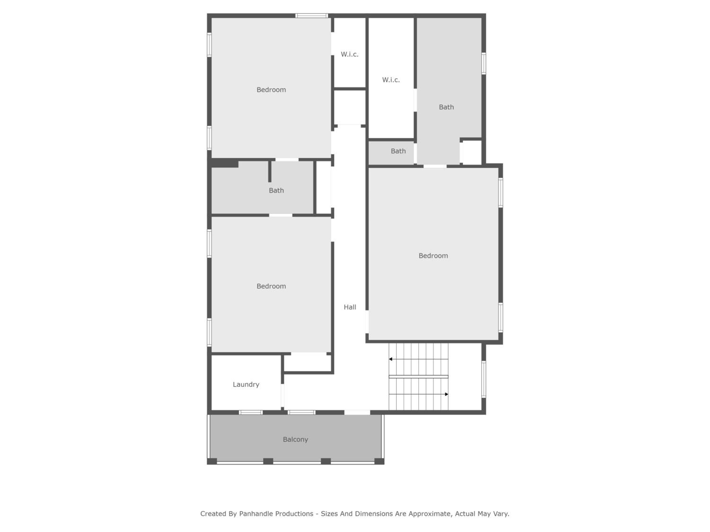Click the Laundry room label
click(246, 384)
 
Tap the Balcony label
click(295, 440)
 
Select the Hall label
click(350, 307)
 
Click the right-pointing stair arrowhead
click(447, 394)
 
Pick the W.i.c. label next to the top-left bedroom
click(350, 55)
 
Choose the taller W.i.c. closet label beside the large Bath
click(391, 80)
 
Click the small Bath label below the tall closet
click(398, 151)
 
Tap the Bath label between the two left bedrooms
click(276, 191)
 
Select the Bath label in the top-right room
click(447, 107)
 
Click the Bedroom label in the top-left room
click(271, 90)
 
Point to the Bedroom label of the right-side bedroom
click(433, 256)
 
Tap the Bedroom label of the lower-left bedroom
click(271, 286)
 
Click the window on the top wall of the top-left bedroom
click(311, 16)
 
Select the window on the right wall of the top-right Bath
click(484, 64)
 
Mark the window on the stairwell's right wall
click(484, 379)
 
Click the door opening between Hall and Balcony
click(357, 412)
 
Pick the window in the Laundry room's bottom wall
click(251, 412)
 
